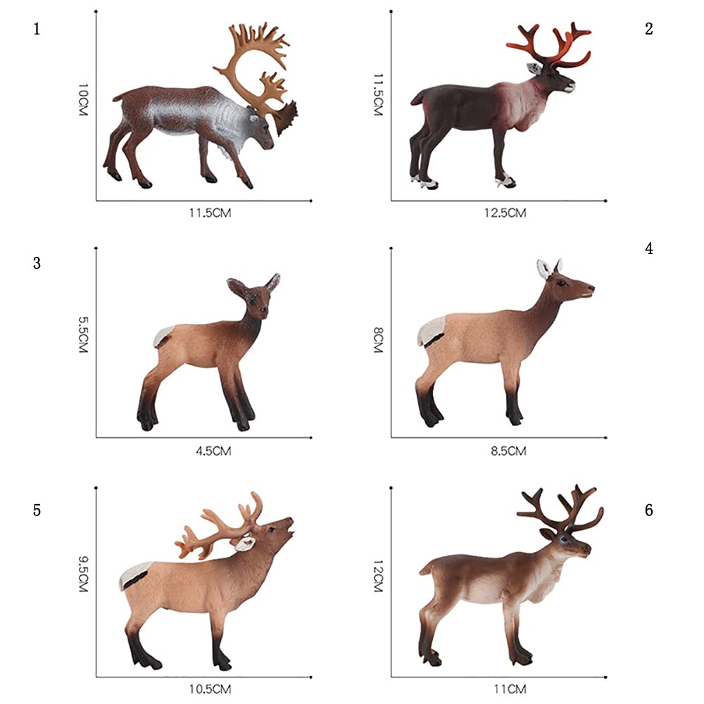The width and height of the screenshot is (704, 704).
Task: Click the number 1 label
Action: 37,29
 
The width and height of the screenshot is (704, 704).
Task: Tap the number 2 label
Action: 649,29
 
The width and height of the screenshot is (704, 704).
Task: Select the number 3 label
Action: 37,263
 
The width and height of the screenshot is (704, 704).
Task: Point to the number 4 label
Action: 649,249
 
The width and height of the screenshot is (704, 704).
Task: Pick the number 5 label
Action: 37,510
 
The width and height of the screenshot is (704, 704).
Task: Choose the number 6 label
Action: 649,510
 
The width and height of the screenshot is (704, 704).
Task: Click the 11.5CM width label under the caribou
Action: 210,213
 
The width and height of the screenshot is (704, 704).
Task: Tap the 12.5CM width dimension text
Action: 505,213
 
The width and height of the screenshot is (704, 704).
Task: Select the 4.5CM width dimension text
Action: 213,451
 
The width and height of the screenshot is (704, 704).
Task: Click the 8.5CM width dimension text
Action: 508,451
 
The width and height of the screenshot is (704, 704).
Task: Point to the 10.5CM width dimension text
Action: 210,689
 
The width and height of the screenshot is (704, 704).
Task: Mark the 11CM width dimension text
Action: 510,689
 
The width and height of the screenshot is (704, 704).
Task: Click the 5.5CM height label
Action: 84,335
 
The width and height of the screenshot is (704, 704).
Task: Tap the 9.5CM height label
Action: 84,574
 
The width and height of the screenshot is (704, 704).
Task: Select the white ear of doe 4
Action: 544,268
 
